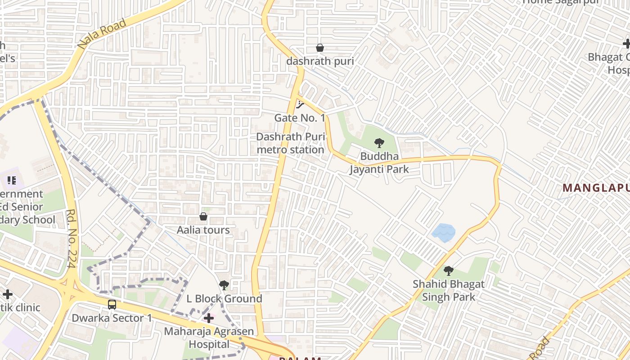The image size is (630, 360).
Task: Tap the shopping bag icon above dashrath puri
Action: pyautogui.click(x=320, y=48)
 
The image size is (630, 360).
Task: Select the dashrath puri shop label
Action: pyautogui.click(x=320, y=61)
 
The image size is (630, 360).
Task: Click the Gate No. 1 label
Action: pyautogui.click(x=300, y=118)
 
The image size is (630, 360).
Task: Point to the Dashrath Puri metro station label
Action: pyautogui.click(x=290, y=143)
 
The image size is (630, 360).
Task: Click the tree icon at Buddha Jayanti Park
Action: pyautogui.click(x=379, y=144)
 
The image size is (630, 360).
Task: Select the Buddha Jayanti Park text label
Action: pyautogui.click(x=379, y=163)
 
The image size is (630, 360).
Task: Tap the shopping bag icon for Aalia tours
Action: pyautogui.click(x=203, y=217)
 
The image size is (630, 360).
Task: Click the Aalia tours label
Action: pyautogui.click(x=203, y=230)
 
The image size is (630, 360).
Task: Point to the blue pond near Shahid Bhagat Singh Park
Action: pyautogui.click(x=443, y=233)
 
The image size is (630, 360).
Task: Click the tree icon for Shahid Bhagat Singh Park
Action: pyautogui.click(x=449, y=271)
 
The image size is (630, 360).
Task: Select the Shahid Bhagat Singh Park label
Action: pyautogui.click(x=449, y=291)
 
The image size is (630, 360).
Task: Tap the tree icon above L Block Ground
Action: pyautogui.click(x=224, y=285)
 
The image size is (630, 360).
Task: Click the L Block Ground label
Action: pyautogui.click(x=224, y=299)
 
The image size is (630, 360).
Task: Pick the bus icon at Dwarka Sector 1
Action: pyautogui.click(x=112, y=305)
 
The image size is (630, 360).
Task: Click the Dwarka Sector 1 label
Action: pyautogui.click(x=112, y=318)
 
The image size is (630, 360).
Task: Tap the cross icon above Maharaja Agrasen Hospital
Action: pyautogui.click(x=209, y=319)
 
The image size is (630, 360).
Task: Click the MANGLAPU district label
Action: pyautogui.click(x=596, y=188)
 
